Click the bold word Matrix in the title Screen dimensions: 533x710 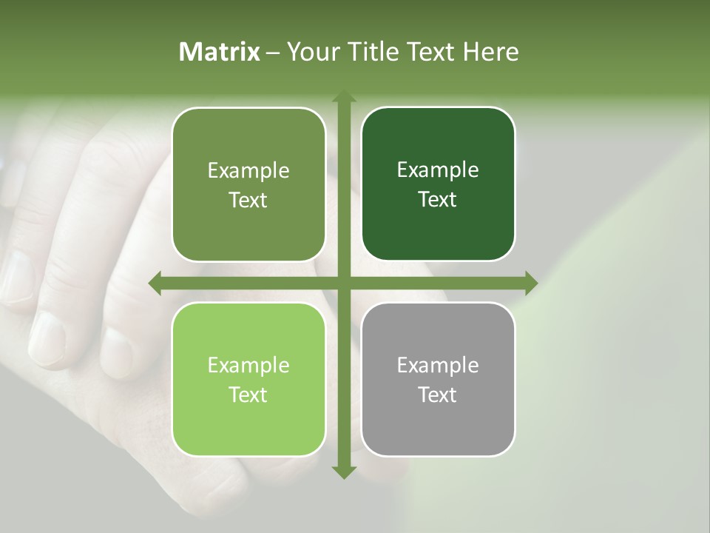(219, 52)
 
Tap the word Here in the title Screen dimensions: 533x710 (491, 52)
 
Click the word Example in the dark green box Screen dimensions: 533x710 (438, 170)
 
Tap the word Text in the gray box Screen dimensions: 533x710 (438, 395)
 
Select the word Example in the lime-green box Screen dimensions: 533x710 (248, 366)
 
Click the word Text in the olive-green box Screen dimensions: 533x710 (248, 200)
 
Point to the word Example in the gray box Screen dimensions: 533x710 (438, 366)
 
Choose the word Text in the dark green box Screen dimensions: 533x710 (438, 200)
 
